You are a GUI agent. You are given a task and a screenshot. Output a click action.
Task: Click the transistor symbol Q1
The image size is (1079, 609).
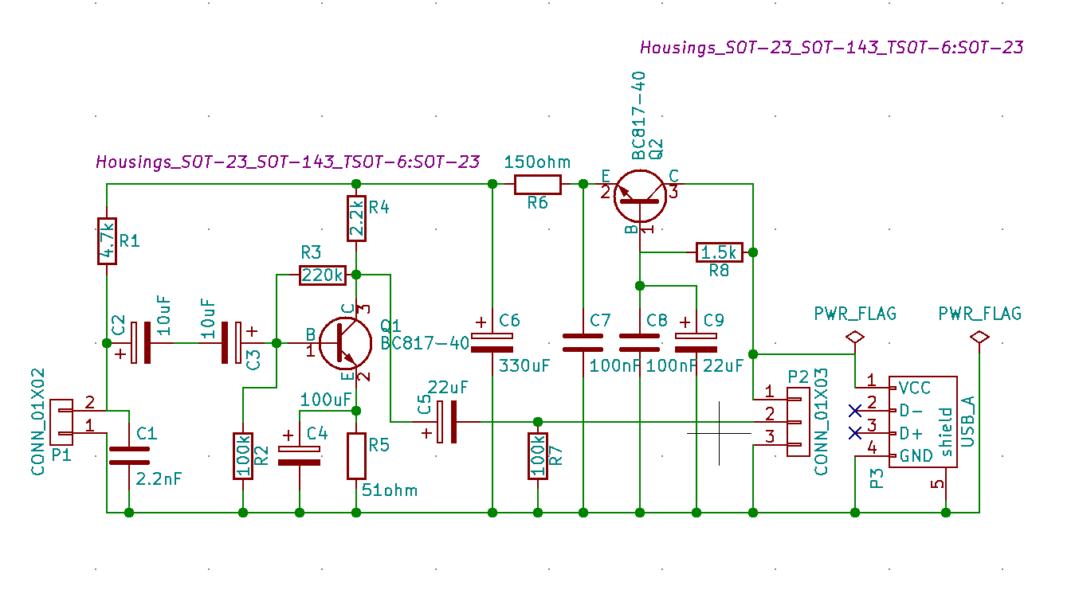click(x=345, y=343)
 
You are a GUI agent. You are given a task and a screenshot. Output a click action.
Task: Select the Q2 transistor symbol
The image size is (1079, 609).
click(x=640, y=196)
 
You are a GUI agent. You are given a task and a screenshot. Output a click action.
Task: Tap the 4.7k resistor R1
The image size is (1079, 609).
click(x=107, y=241)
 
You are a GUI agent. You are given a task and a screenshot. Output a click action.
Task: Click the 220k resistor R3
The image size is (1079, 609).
click(x=322, y=275)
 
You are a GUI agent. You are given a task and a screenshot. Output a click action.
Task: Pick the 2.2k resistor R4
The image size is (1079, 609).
click(x=356, y=218)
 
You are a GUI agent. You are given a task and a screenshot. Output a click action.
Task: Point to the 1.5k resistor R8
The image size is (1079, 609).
click(x=720, y=252)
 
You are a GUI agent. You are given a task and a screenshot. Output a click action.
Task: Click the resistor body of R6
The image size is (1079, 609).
click(x=538, y=184)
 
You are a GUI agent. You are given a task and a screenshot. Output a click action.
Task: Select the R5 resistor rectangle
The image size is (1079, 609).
click(x=356, y=456)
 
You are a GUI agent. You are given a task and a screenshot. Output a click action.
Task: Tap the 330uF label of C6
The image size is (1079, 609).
click(x=524, y=365)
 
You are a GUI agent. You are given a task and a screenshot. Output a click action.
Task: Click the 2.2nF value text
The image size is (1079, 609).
click(x=159, y=479)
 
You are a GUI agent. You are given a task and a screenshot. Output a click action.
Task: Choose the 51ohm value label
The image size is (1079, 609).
click(x=389, y=490)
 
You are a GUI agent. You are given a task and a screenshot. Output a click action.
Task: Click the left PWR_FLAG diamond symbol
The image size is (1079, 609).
click(x=855, y=337)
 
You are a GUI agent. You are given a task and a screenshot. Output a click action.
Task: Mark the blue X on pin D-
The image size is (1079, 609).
click(x=855, y=411)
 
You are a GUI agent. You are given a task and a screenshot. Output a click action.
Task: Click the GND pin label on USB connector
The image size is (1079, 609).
click(x=916, y=455)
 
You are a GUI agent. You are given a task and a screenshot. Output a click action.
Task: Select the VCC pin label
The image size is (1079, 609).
click(x=915, y=388)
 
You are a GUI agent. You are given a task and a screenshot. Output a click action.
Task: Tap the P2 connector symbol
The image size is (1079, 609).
click(x=798, y=422)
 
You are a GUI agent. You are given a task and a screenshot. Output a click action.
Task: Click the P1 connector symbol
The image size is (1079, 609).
click(x=61, y=422)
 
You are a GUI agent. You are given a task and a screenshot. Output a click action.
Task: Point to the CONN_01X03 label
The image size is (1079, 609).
click(x=821, y=422)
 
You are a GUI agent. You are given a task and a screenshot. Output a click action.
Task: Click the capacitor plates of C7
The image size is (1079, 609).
click(x=583, y=343)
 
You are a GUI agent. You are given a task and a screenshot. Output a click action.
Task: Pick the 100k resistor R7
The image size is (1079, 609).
click(x=538, y=456)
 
